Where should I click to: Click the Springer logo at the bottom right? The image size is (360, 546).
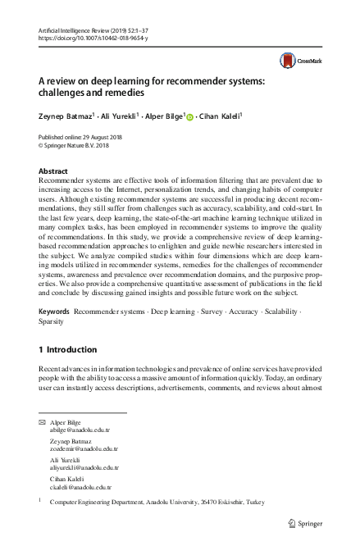point(305,522)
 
